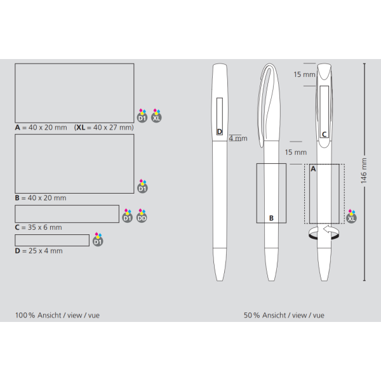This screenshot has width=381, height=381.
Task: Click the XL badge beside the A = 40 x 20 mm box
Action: coord(156,116)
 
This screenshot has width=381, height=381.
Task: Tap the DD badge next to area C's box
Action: coord(142,215)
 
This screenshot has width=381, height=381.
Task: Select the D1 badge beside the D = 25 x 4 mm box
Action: coord(98,239)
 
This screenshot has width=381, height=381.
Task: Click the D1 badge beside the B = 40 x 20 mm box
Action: coord(142,186)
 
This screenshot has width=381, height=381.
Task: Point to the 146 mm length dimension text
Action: coord(363,171)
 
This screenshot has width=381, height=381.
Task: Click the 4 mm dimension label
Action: coord(238,138)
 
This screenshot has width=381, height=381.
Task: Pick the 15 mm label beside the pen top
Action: coord(304,74)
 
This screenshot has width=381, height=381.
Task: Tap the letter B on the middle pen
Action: coord(271,218)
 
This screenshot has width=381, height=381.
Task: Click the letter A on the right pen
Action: coord(313,169)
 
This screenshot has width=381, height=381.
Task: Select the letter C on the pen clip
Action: coord(324,135)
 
